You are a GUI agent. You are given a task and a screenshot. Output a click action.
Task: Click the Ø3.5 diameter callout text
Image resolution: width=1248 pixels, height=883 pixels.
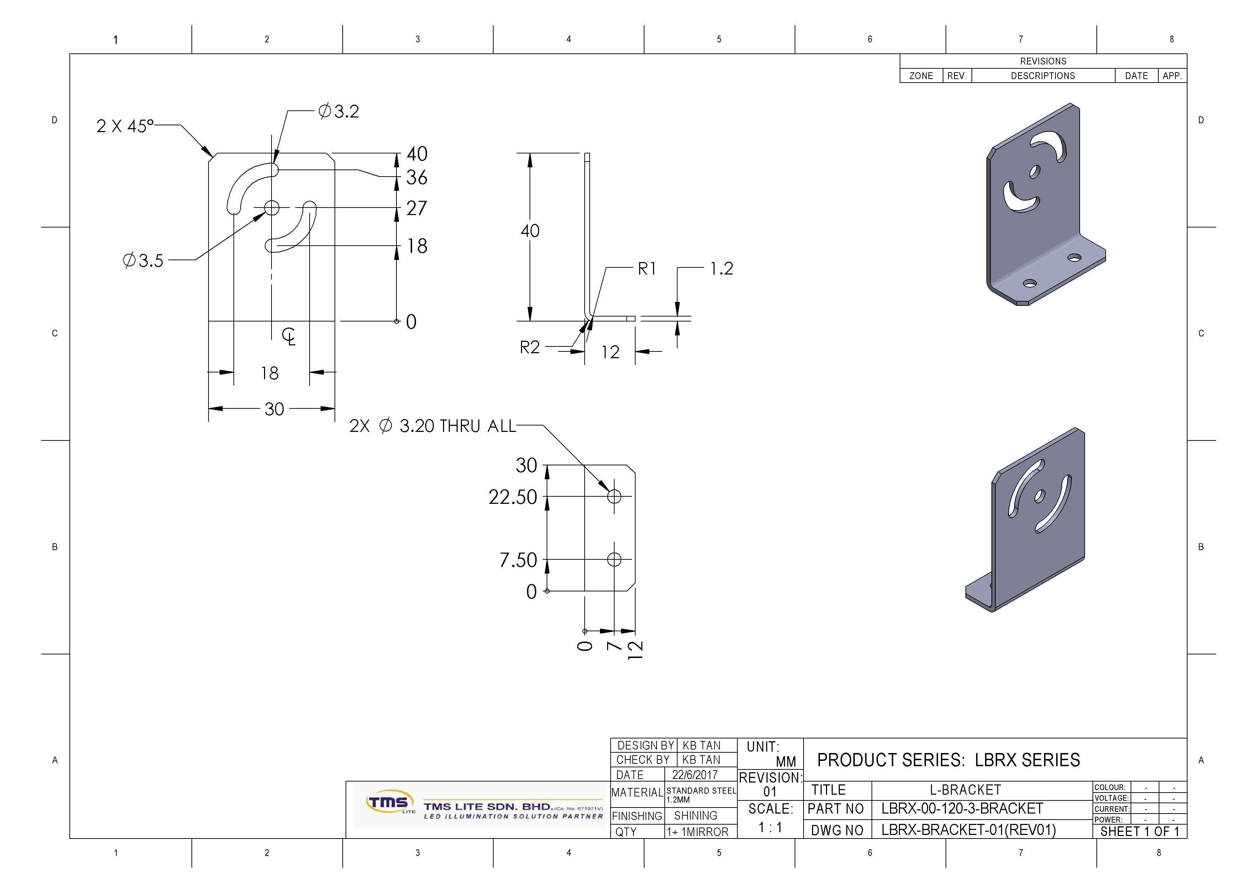[143, 260]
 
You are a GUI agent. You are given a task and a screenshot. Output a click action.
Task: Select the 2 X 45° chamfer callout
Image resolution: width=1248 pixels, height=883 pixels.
[125, 126]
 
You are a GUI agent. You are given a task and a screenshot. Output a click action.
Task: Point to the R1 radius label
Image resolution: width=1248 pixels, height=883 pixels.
[647, 268]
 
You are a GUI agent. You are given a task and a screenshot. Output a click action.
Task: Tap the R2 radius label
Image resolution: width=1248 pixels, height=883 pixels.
[530, 347]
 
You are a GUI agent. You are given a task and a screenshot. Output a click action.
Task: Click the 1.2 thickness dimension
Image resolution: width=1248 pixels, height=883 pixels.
[721, 268]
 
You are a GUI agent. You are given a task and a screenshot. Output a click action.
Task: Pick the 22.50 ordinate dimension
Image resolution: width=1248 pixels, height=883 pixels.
[512, 497]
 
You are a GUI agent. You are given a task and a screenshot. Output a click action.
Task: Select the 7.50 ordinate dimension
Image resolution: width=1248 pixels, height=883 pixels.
[518, 560]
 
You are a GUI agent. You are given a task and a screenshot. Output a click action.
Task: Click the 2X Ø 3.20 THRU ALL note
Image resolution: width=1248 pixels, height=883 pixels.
[432, 426]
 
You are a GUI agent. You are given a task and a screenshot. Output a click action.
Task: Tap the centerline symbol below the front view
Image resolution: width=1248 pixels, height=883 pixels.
[289, 336]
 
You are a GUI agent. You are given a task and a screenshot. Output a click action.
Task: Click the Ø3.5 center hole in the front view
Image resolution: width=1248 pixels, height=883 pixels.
[272, 208]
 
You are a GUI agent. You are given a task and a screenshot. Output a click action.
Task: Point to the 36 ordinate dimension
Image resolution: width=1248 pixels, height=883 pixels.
[416, 177]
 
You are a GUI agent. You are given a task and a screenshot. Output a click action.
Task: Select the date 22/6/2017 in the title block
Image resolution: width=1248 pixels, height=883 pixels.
[695, 775]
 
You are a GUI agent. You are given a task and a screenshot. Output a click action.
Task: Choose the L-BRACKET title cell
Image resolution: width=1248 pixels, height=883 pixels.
[965, 790]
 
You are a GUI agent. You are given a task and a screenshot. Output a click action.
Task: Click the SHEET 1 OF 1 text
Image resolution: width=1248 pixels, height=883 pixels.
[1139, 831]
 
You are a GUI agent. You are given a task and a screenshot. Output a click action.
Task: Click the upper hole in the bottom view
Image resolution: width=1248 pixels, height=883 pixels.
[614, 496]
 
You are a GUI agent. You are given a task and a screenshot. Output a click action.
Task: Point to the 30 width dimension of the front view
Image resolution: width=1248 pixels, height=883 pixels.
[274, 409]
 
